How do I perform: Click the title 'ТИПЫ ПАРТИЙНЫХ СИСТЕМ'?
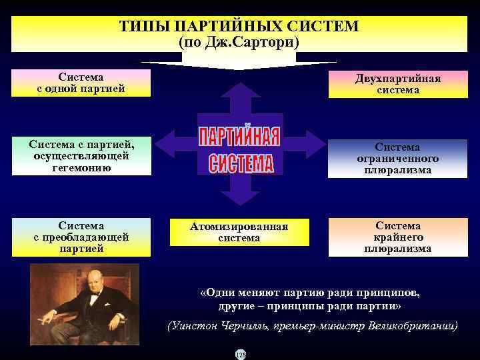pyautogui.click(x=239, y=27)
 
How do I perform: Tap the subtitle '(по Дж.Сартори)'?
pyautogui.click(x=239, y=41)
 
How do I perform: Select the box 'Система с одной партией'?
pyautogui.click(x=81, y=83)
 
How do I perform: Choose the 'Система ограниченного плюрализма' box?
pyautogui.click(x=397, y=159)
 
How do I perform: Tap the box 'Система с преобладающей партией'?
pyautogui.click(x=81, y=237)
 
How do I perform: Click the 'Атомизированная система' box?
pyautogui.click(x=239, y=232)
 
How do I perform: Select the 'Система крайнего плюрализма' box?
pyautogui.click(x=397, y=237)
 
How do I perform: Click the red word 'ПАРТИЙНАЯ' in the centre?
pyautogui.click(x=239, y=137)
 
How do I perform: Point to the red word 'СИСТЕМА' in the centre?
pyautogui.click(x=241, y=162)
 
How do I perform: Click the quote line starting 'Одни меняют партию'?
pyautogui.click(x=310, y=292)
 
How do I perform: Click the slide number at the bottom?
pyautogui.click(x=240, y=355)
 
